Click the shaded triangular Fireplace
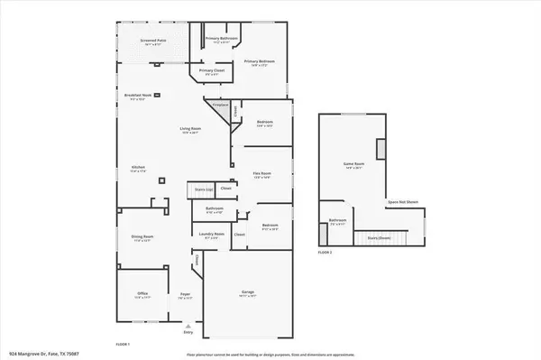(x=217, y=107)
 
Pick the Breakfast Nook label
(x=139, y=97)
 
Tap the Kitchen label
(x=139, y=169)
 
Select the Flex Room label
(x=261, y=174)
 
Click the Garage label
(x=248, y=293)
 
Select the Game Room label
(x=353, y=165)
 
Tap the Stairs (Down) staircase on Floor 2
(x=380, y=238)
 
